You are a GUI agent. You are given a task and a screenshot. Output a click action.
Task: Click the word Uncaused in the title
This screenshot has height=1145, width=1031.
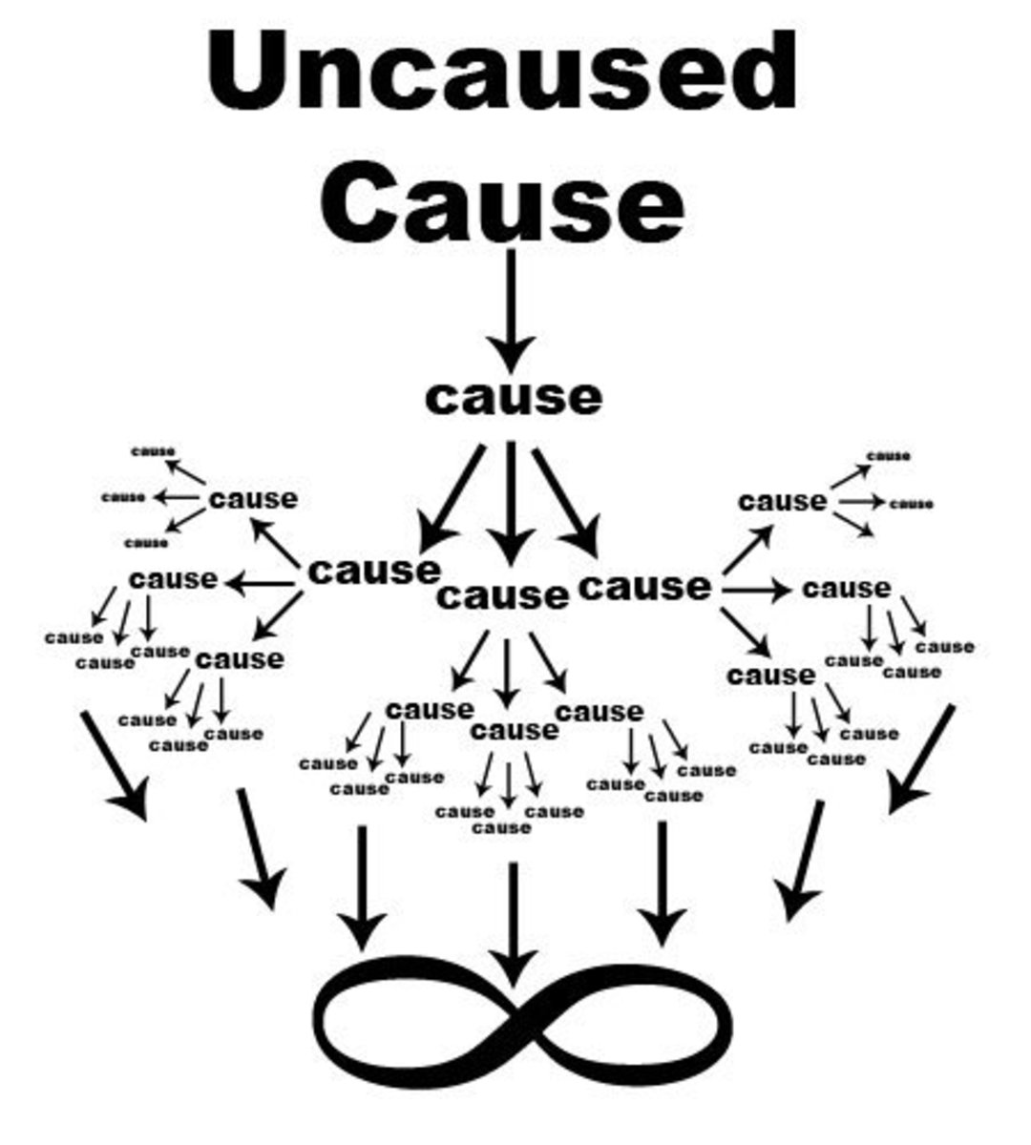501,73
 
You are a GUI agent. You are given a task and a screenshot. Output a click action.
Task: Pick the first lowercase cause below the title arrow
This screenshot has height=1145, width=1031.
514,397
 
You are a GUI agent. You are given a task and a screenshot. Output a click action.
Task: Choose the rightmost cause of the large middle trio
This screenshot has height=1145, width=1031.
645,586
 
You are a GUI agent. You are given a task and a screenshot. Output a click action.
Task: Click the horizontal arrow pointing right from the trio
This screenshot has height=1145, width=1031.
756,591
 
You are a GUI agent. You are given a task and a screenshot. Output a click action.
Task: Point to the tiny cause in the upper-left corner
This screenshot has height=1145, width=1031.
154,451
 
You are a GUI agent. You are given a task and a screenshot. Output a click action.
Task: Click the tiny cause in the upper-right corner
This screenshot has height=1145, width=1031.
889,456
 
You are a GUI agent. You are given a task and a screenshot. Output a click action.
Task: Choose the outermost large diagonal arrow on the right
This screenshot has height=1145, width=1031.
921,760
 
